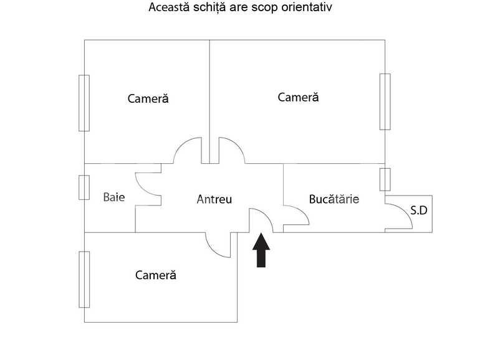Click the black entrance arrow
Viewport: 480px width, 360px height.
pos(261,250)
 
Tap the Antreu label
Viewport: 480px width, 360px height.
pos(214,199)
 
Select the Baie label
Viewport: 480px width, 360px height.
pos(114,197)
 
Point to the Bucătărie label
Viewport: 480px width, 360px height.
pos(334,199)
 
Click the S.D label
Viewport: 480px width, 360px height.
pos(419,210)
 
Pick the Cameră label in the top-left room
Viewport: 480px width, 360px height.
pos(148,98)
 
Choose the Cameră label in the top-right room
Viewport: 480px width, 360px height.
pos(298,97)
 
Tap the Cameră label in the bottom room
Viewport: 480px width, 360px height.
pos(156,275)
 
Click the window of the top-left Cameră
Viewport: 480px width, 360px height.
pos(84,103)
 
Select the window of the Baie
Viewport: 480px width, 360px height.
pos(84,187)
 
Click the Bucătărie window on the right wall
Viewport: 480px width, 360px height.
pos(385,179)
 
